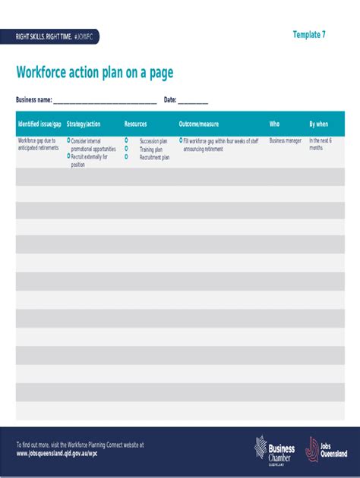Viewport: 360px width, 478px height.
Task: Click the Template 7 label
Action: (x=309, y=35)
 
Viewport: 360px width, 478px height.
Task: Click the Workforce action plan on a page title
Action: (x=95, y=73)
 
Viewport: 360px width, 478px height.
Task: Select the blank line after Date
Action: (x=193, y=101)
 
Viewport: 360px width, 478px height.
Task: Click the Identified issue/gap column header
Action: (x=39, y=124)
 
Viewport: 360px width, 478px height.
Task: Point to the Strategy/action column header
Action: (x=84, y=124)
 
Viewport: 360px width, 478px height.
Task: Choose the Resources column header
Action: (x=136, y=124)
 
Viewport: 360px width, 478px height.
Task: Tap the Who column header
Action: (x=274, y=124)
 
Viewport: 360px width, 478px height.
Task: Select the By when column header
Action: (x=319, y=124)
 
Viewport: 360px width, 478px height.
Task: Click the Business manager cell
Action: (x=286, y=141)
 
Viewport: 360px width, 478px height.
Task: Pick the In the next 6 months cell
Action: (x=321, y=144)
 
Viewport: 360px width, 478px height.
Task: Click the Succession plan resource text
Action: (x=153, y=141)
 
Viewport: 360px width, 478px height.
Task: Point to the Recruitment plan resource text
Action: (x=154, y=157)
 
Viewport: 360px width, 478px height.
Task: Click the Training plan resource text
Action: (x=151, y=149)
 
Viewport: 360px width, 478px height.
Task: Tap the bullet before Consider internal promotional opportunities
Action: (x=68, y=140)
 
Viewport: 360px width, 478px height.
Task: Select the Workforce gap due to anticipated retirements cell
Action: (x=37, y=144)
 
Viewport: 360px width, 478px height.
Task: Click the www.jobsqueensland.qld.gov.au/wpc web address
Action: (x=57, y=453)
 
